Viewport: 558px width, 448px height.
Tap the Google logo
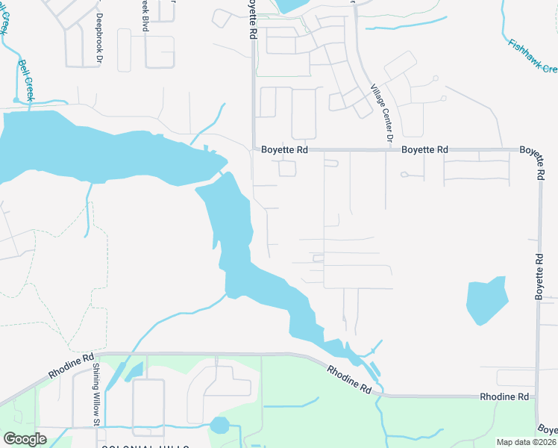coord(25,439)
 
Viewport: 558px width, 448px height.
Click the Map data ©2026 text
coord(527,442)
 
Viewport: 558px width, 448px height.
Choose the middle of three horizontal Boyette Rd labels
coord(424,150)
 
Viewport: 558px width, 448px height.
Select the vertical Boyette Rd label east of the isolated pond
coord(539,277)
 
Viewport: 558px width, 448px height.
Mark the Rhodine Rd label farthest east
coord(504,396)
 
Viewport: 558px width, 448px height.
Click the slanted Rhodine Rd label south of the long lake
coord(349,379)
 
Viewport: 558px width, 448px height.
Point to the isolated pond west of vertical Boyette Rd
coord(486,300)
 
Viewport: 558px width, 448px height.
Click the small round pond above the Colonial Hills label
coord(219,426)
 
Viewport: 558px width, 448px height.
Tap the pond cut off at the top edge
coord(286,6)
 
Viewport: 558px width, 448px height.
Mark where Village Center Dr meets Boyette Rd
coord(387,149)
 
